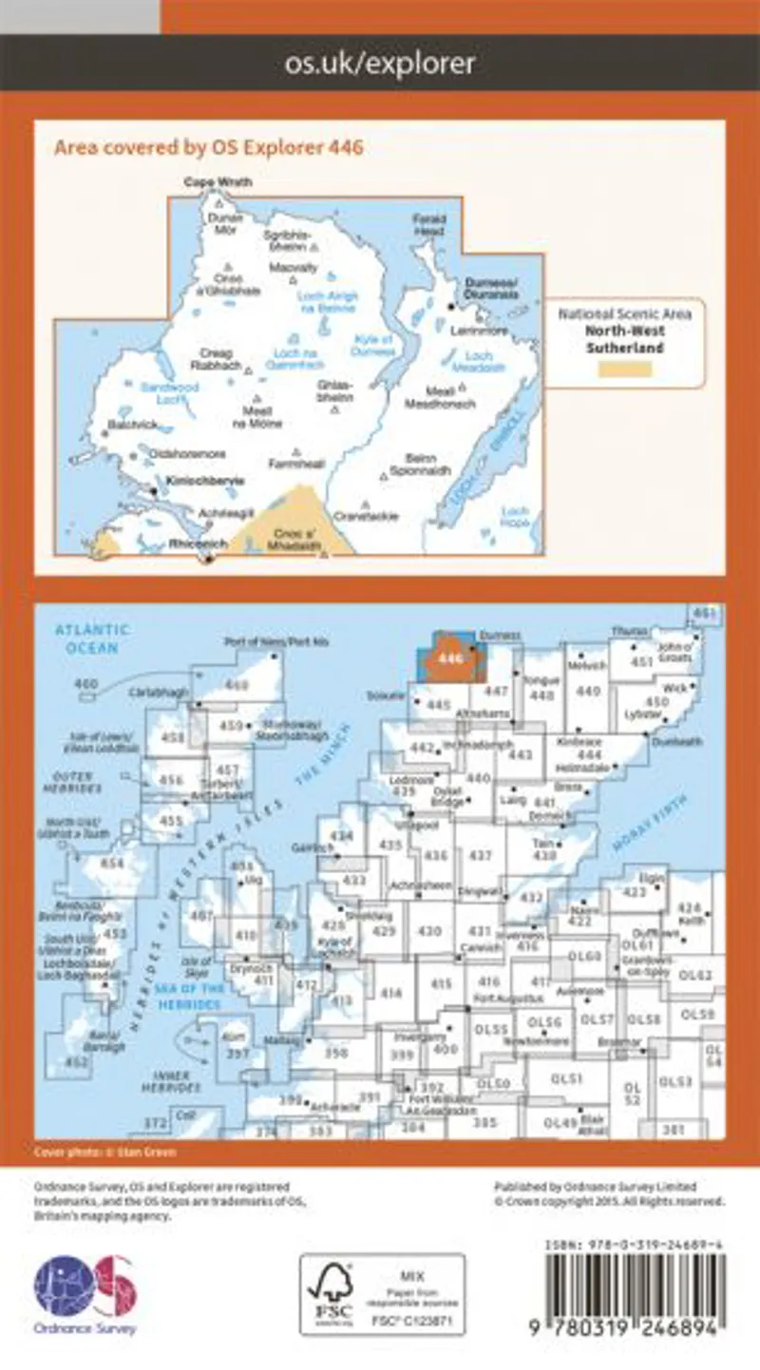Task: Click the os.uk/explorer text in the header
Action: tap(380, 64)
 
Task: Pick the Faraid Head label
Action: tap(428, 224)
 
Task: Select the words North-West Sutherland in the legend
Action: tap(624, 339)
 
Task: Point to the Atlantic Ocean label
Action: tap(92, 637)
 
